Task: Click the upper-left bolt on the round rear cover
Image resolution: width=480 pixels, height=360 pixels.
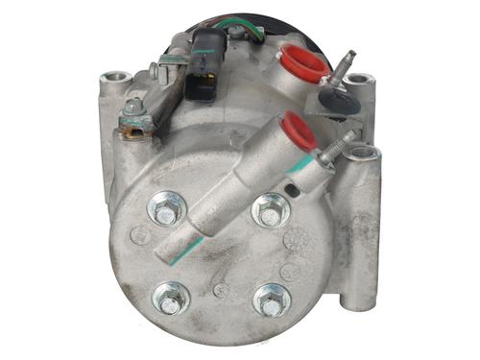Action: pyautogui.click(x=165, y=210)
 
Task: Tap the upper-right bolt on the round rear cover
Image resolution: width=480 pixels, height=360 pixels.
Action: pyautogui.click(x=270, y=210)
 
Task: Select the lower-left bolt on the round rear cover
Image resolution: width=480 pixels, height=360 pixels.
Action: pyautogui.click(x=171, y=300)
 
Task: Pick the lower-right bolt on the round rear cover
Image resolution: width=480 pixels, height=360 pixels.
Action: pyautogui.click(x=271, y=300)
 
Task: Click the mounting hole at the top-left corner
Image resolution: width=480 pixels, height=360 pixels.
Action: pyautogui.click(x=115, y=78)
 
